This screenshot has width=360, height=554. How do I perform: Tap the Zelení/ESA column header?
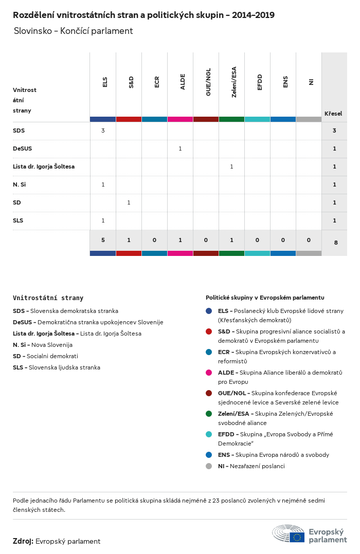tap(234, 82)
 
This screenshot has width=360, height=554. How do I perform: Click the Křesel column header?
tap(333, 114)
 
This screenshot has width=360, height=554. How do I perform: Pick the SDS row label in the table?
tap(19, 131)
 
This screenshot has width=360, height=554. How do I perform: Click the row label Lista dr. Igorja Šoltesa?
tap(44, 167)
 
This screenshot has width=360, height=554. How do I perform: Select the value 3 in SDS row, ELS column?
tap(103, 131)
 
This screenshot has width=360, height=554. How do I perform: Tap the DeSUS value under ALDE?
tap(180, 149)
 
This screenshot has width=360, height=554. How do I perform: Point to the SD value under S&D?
tap(129, 202)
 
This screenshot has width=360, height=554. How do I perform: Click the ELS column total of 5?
tap(103, 240)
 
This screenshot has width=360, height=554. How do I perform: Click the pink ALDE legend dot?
tap(209, 373)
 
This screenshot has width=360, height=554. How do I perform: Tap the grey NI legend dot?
tap(209, 466)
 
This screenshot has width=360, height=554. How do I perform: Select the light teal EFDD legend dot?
tap(209, 434)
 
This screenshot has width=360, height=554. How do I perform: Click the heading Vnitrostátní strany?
tap(48, 298)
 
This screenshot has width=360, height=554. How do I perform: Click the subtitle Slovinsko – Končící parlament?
tap(73, 31)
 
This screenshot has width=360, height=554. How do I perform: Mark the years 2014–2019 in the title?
tap(253, 15)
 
